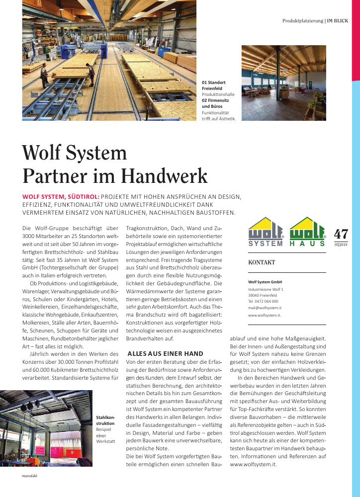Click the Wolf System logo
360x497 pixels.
(x=266, y=232)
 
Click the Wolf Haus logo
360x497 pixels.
(x=307, y=232)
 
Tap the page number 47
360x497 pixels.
(x=341, y=234)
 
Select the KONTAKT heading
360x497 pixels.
(x=262, y=262)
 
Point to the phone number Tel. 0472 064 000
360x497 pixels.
(x=263, y=301)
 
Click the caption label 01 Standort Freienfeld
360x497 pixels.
(x=214, y=85)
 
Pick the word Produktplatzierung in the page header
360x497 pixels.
(x=302, y=21)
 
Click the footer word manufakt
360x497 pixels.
(x=30, y=476)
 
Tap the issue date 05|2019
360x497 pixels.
(x=341, y=244)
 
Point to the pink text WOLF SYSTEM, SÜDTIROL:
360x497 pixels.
(x=62, y=197)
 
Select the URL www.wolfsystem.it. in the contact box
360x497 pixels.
(x=265, y=315)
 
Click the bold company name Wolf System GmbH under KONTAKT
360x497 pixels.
(x=265, y=282)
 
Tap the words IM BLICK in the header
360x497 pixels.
(x=337, y=21)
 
